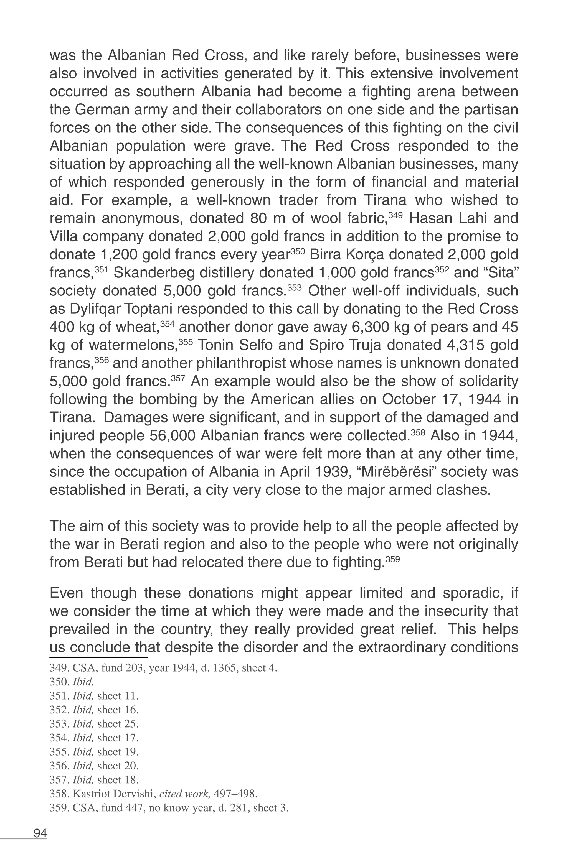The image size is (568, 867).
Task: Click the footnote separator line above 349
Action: [x=98, y=657]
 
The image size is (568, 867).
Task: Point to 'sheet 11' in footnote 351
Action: [x=118, y=696]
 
